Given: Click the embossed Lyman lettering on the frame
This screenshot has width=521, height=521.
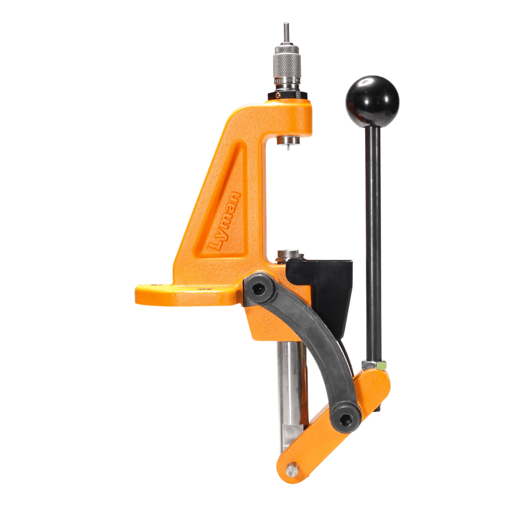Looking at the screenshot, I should (x=225, y=221).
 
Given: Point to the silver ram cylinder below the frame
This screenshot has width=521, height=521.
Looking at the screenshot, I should (x=290, y=382).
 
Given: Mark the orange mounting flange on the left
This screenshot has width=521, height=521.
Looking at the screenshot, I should (x=182, y=295).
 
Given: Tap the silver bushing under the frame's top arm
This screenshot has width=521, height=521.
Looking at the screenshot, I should (x=287, y=139).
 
